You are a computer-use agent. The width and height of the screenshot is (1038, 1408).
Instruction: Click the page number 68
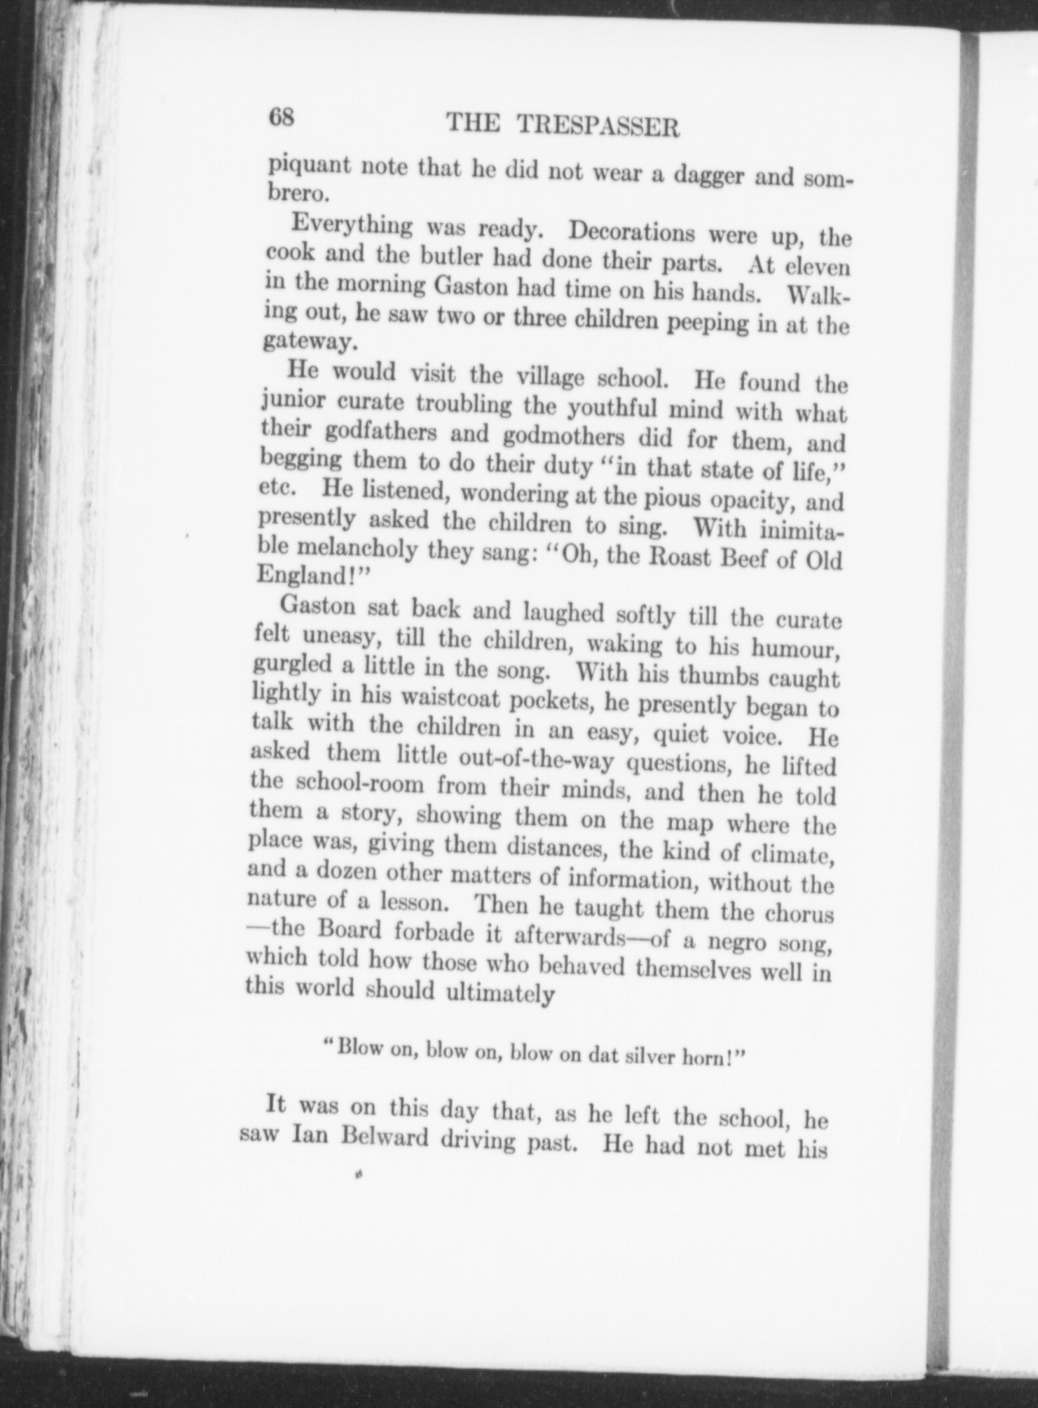(280, 118)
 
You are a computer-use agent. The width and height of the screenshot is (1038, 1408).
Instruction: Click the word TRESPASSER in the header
(596, 126)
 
